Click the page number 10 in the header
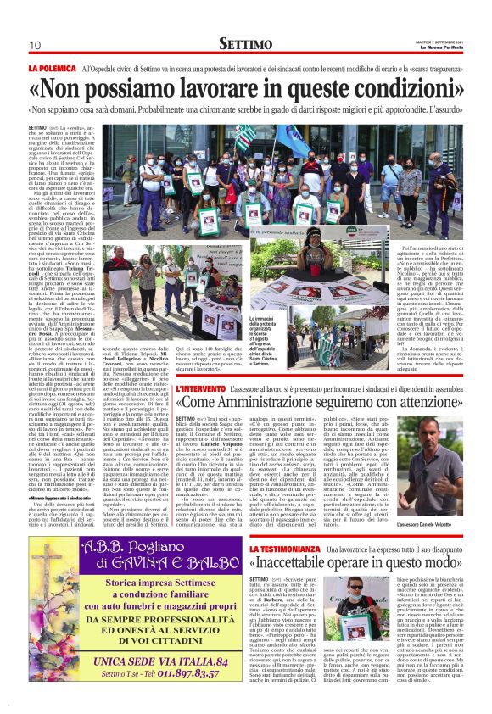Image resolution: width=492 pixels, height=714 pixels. click(x=35, y=45)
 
